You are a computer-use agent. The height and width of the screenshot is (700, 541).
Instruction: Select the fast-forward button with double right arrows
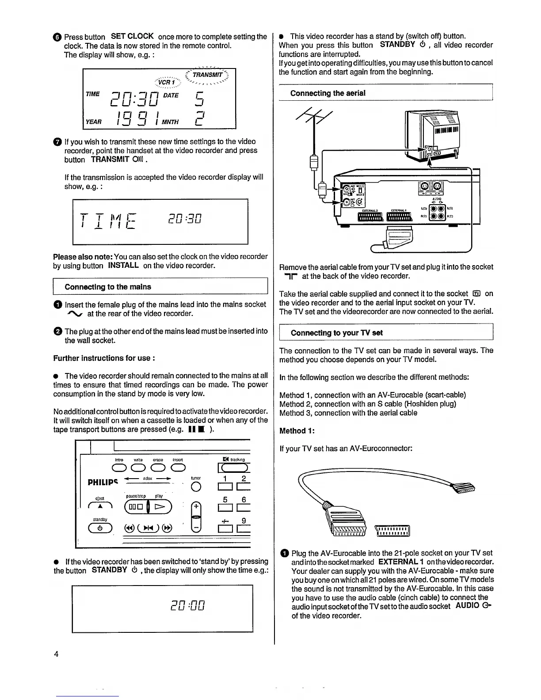(168, 528)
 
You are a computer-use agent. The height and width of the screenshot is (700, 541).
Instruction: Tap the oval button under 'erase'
(158, 468)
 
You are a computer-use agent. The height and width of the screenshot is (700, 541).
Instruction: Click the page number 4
(56, 654)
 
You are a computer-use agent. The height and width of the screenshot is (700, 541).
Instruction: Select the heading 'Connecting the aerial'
(328, 93)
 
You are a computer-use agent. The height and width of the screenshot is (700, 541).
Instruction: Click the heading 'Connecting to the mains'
(107, 287)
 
